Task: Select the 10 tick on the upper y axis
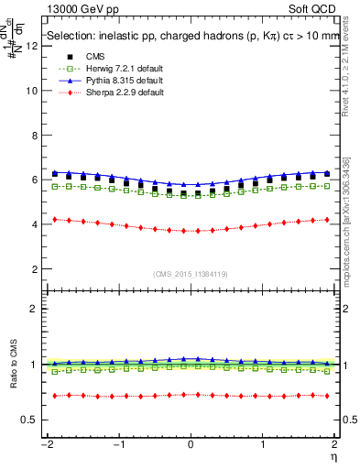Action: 34,92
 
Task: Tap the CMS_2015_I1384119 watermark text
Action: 191,273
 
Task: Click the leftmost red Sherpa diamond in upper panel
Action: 55,219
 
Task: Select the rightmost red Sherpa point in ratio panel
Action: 327,396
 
